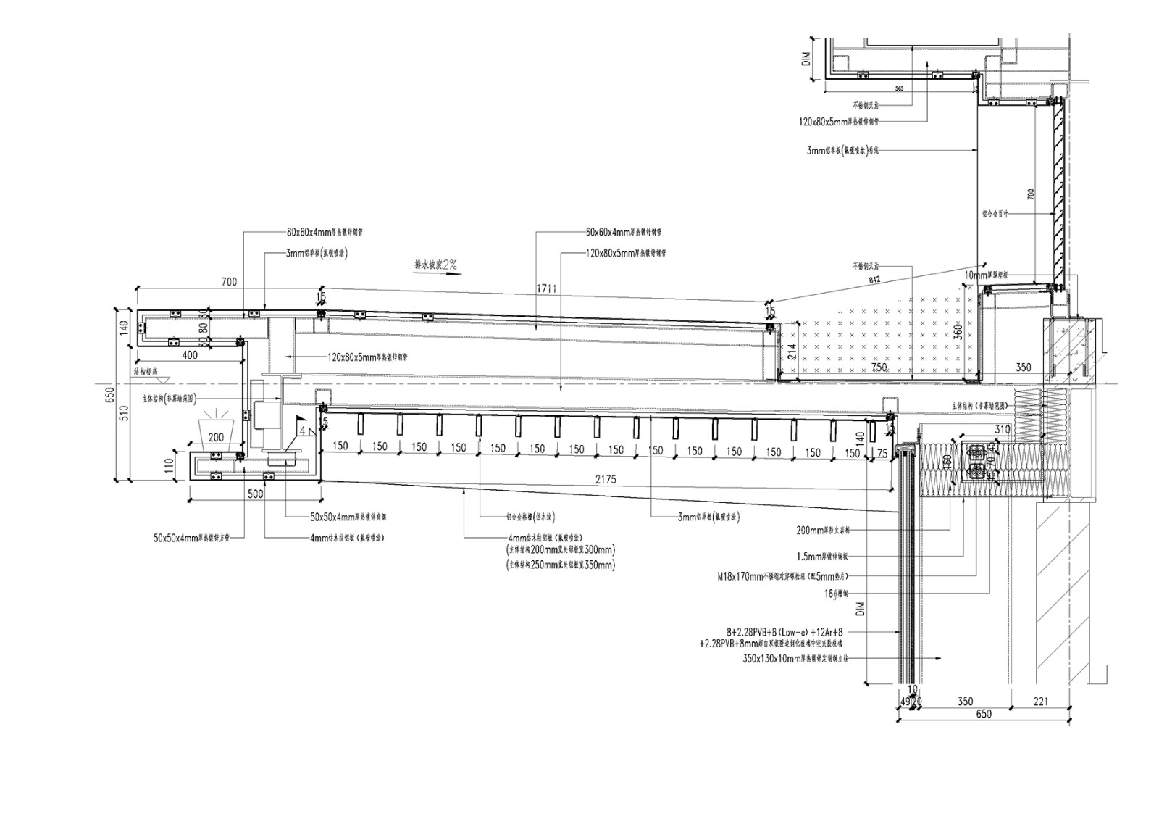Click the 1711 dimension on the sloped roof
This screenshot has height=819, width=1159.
547,288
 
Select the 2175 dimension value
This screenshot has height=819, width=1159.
606,480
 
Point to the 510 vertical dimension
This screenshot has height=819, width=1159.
124,412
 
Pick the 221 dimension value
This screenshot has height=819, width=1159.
1041,701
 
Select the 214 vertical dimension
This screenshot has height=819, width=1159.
792,352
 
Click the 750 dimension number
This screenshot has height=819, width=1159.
879,368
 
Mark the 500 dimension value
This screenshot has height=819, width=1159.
255,494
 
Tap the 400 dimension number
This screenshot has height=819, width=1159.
189,355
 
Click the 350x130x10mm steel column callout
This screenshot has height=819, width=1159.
795,660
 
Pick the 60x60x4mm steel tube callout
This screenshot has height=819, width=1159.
623,233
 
